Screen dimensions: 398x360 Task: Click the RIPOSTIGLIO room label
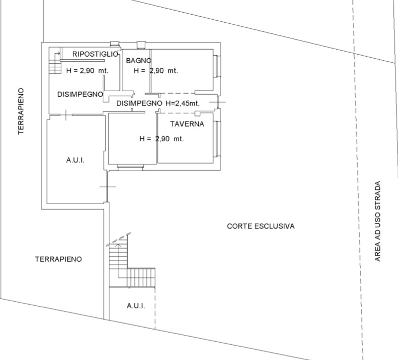(96, 54)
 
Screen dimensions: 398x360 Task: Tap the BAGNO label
(139, 61)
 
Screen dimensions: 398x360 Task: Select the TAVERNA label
(187, 124)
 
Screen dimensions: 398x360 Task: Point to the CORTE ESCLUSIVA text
(260, 226)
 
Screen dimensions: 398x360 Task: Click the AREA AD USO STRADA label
(378, 221)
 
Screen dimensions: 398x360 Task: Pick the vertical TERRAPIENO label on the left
(21, 111)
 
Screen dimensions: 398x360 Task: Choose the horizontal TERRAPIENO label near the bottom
(58, 259)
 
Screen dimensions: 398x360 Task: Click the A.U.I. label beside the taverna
(75, 161)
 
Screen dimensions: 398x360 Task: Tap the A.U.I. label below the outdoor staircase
(136, 306)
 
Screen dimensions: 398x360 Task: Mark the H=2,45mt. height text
(183, 103)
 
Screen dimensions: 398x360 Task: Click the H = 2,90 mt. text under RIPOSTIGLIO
(87, 70)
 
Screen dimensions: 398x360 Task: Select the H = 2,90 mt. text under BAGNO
(156, 70)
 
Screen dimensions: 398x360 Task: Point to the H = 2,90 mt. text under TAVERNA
(161, 139)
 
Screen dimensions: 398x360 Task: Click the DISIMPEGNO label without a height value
(80, 94)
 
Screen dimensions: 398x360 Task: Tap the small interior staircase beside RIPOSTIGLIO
(55, 63)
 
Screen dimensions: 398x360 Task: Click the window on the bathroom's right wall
(218, 66)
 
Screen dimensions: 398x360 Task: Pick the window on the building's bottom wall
(130, 168)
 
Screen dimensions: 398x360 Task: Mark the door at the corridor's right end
(218, 102)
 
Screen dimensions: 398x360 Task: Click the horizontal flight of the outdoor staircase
(141, 277)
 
